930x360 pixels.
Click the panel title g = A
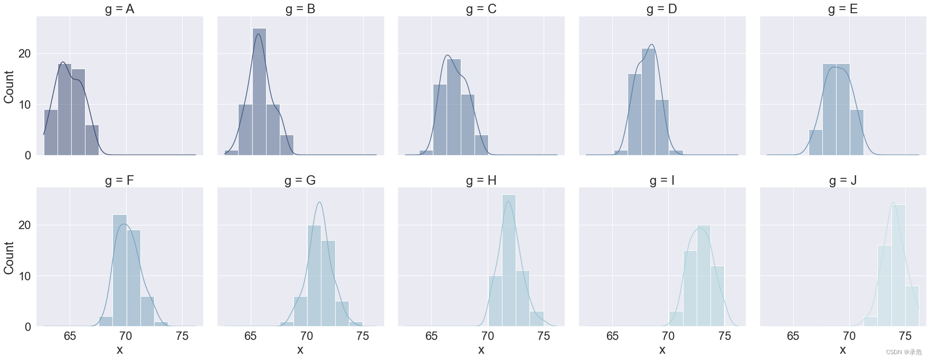click(119, 9)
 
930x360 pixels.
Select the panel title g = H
click(481, 181)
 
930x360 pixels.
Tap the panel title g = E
click(842, 9)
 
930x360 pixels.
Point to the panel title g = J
click(842, 181)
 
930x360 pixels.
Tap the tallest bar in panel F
click(120, 270)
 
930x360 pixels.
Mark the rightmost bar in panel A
click(92, 140)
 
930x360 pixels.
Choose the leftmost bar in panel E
click(815, 143)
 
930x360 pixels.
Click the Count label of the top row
click(9, 87)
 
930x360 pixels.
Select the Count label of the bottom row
click(9, 258)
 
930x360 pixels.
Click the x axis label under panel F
click(119, 349)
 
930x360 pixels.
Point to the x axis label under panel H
click(481, 349)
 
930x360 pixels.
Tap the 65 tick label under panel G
click(250, 336)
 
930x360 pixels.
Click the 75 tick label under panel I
click(724, 336)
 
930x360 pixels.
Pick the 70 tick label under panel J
click(849, 336)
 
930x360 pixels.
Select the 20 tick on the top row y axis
click(24, 54)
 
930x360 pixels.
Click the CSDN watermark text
click(904, 352)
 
